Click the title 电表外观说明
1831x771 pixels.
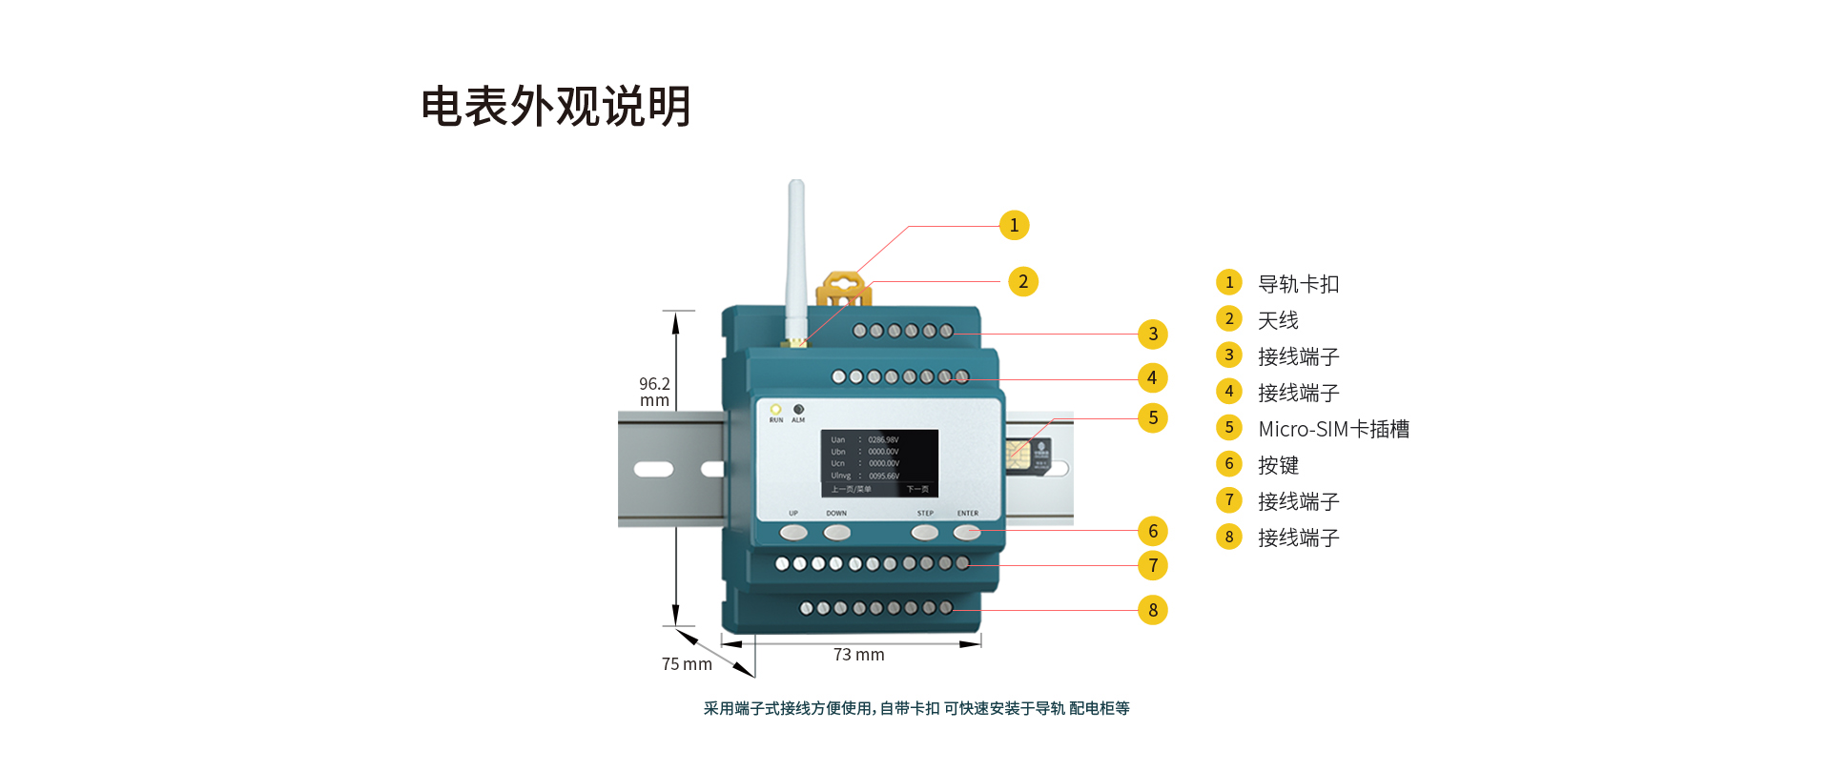(x=556, y=106)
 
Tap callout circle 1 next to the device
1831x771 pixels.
(x=1014, y=225)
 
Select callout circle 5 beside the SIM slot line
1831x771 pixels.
(x=1153, y=417)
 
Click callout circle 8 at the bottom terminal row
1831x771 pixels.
(x=1153, y=610)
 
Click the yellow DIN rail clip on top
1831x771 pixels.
(x=843, y=288)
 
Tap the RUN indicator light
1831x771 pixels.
(x=775, y=410)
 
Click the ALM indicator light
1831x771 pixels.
(x=798, y=410)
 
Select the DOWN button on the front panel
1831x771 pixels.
(x=836, y=532)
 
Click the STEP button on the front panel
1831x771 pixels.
(x=924, y=532)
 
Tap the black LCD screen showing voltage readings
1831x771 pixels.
(x=879, y=463)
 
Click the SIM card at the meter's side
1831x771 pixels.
(x=1028, y=455)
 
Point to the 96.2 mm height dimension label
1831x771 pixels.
(x=654, y=392)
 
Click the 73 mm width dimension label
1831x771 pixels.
(x=858, y=655)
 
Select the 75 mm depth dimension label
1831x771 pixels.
(x=687, y=664)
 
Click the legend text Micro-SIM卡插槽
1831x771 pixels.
(x=1333, y=429)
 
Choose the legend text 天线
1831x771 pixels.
(x=1278, y=320)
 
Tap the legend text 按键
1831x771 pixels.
(x=1278, y=465)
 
